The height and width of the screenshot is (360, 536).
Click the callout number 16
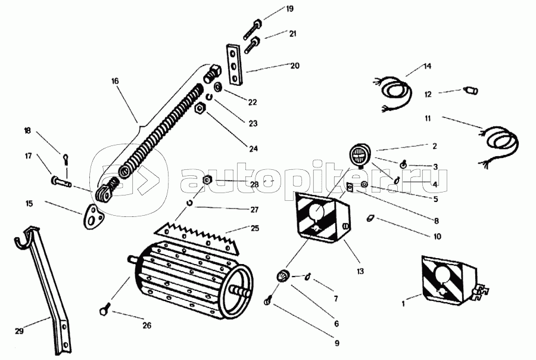coord(115,81)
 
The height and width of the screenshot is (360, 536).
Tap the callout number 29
coord(19,331)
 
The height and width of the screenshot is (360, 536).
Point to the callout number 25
coord(255,228)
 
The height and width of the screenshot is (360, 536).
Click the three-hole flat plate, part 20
coord(233,63)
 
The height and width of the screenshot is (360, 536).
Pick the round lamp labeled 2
coord(359,155)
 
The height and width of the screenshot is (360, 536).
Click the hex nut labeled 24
coord(200,110)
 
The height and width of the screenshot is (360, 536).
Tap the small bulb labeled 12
coord(470,91)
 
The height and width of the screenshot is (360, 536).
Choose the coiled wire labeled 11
coord(500,147)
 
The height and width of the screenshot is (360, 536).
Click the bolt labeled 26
coord(105,309)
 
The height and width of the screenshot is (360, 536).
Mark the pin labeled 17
coord(61,181)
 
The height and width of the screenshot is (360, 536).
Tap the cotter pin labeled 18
coord(66,159)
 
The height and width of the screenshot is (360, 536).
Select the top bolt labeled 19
coord(253,30)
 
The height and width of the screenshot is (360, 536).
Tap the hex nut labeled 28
coord(207,181)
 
